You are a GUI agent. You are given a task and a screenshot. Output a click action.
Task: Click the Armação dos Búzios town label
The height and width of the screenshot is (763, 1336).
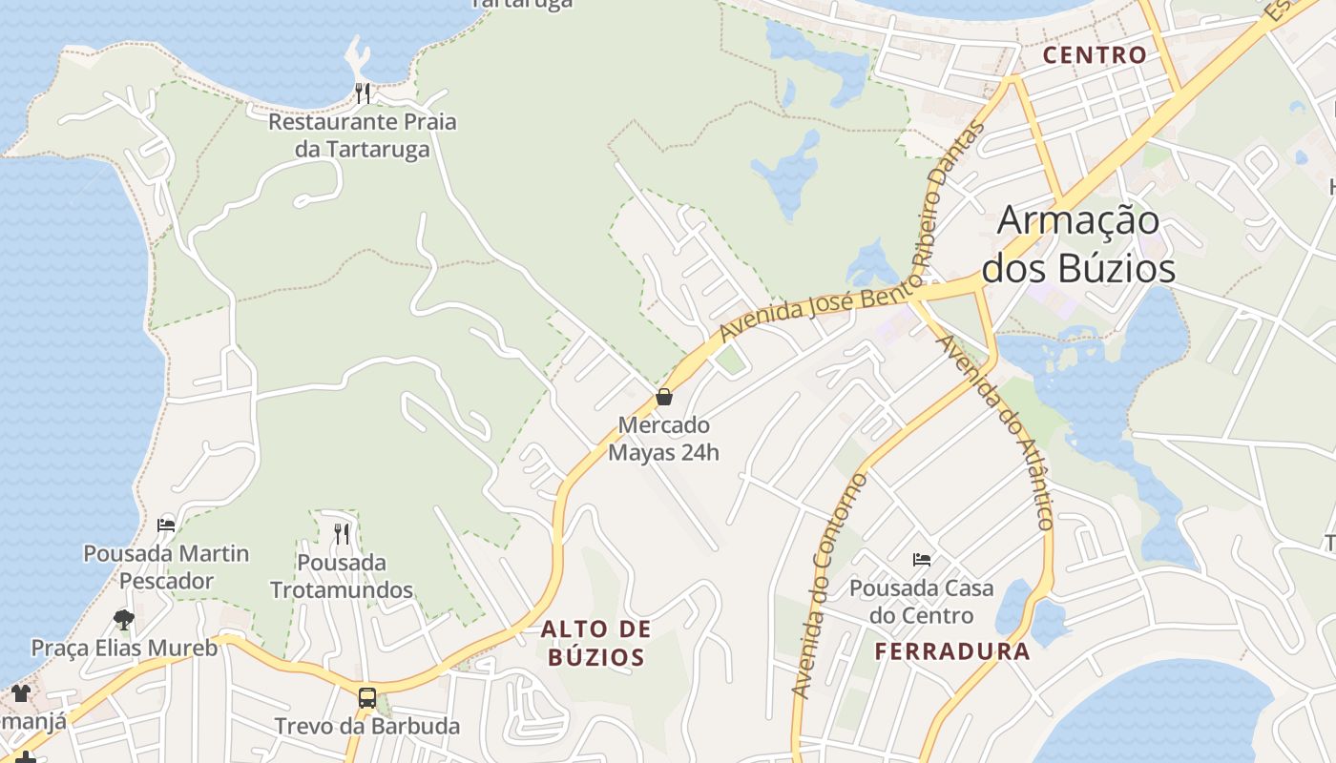tap(1078, 245)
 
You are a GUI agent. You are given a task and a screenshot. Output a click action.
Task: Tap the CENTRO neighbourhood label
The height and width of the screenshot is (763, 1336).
tap(1095, 54)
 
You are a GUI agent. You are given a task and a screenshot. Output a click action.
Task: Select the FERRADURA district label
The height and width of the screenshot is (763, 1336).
tap(952, 651)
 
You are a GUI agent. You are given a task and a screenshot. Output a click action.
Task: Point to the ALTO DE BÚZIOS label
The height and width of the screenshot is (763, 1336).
tap(596, 642)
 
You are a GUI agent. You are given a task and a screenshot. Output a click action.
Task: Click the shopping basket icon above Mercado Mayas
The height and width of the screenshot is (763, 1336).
tap(663, 397)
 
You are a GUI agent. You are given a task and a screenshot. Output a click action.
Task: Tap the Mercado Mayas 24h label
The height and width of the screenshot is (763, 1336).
tap(663, 438)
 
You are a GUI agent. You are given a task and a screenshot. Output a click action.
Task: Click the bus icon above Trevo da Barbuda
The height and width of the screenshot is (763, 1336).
tap(366, 697)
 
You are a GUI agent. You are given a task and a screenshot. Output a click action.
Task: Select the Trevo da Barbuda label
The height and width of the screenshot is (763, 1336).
tap(367, 726)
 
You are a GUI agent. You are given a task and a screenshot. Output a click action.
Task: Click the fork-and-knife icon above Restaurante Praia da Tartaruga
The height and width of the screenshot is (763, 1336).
tap(363, 93)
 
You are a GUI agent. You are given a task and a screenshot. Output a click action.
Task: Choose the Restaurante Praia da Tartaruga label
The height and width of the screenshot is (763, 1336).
tap(362, 135)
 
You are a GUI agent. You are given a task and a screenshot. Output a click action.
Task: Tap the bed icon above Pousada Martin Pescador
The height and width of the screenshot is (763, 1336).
tap(166, 525)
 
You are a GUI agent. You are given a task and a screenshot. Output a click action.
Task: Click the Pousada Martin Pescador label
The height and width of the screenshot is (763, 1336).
tap(166, 567)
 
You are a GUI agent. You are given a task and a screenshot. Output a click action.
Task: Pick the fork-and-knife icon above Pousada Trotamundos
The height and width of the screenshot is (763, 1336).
tap(342, 533)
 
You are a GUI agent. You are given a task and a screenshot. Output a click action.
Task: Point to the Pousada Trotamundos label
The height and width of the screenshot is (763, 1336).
tap(342, 576)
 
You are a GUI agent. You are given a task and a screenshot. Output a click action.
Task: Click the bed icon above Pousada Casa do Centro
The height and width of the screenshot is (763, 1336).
tap(921, 559)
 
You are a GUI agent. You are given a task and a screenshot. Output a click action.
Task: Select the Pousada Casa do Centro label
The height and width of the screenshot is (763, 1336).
tap(921, 601)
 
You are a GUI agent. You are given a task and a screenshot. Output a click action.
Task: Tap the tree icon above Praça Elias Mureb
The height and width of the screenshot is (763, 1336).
tap(123, 620)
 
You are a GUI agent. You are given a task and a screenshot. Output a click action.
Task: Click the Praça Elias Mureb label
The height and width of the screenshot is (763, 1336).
tap(124, 649)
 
